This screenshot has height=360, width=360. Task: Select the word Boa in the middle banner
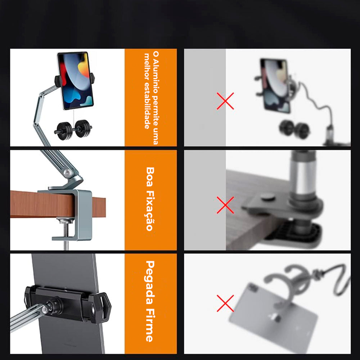pos(150,176)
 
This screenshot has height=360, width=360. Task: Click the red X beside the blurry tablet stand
pos(225,101)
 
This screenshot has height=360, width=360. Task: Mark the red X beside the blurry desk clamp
pos(225,205)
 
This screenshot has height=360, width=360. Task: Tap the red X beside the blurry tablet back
pos(225,303)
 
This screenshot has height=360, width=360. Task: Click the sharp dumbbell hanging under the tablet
pos(73,130)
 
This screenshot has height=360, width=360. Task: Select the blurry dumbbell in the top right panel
pos(294,129)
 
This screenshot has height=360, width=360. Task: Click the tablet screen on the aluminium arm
pos(76,81)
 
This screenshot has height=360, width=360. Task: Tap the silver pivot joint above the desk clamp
pos(67,173)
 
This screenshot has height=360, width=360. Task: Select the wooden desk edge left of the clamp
pos(41,204)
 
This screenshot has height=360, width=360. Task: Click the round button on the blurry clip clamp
pos(268,196)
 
